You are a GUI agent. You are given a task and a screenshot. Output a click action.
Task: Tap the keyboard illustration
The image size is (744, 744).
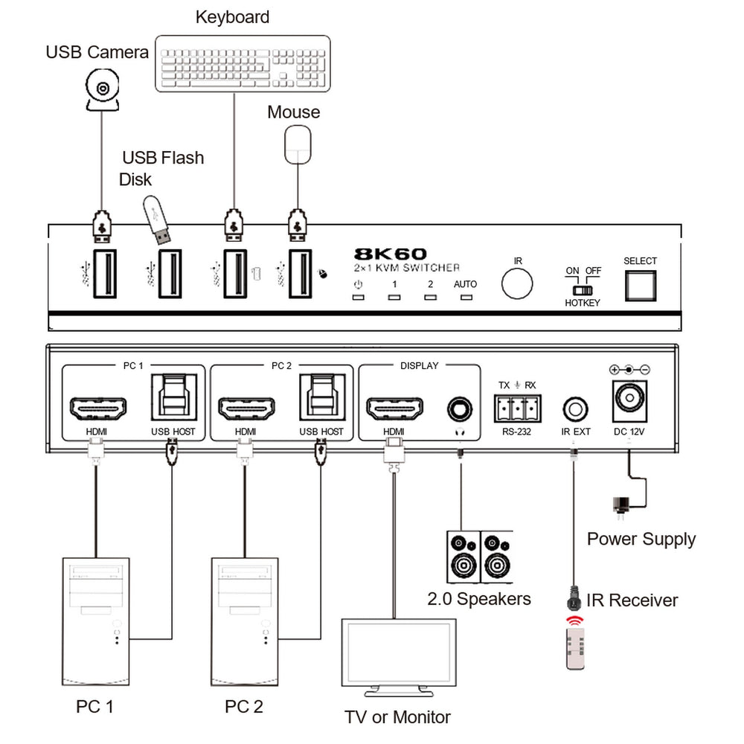(243, 64)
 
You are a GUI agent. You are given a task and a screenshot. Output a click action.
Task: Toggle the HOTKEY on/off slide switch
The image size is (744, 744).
(583, 289)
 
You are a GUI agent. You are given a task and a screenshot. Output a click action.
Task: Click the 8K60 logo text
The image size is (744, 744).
(390, 254)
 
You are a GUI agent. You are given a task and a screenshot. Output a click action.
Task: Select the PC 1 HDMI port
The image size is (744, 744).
(97, 408)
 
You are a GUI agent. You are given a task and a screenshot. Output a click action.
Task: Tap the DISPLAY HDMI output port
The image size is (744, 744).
(394, 408)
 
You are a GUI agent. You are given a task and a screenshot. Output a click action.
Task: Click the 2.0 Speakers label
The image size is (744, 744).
(479, 598)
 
